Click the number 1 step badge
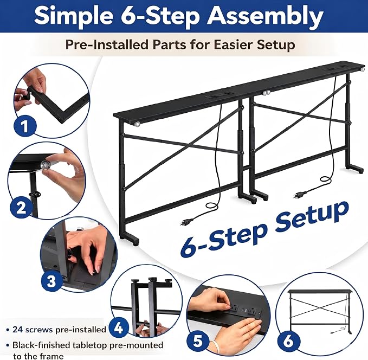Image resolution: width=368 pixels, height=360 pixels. [25, 126]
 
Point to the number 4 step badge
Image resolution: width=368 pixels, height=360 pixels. [119, 328]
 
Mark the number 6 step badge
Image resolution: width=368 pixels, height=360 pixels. [289, 340]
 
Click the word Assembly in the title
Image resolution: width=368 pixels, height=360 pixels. [265, 16]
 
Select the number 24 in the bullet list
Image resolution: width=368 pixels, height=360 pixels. [18, 330]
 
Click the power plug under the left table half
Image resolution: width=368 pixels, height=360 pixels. [186, 222]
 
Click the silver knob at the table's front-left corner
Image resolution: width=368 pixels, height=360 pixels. [137, 124]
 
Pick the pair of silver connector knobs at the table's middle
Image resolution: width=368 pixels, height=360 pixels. [266, 93]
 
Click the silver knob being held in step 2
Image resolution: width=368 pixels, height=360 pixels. [44, 164]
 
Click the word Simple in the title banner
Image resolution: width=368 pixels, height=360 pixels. [73, 16]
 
